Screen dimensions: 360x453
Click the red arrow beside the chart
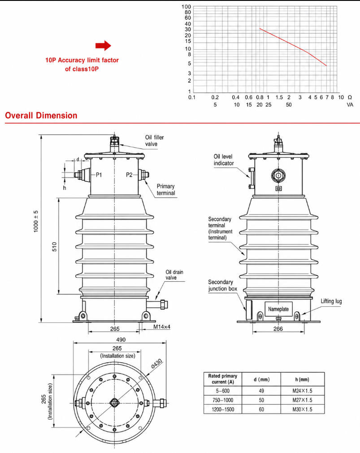click(103, 45)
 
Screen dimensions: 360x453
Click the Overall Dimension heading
click(41, 116)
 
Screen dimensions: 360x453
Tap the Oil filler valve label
click(155, 141)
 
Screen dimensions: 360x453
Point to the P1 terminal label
click(99, 175)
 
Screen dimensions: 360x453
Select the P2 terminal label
click(129, 175)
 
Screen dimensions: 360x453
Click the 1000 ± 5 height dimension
click(36, 221)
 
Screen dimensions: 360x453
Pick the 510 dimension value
click(55, 246)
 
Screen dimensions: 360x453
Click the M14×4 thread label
click(162, 327)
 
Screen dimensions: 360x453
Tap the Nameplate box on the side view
click(278, 309)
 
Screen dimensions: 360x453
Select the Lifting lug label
click(331, 301)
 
